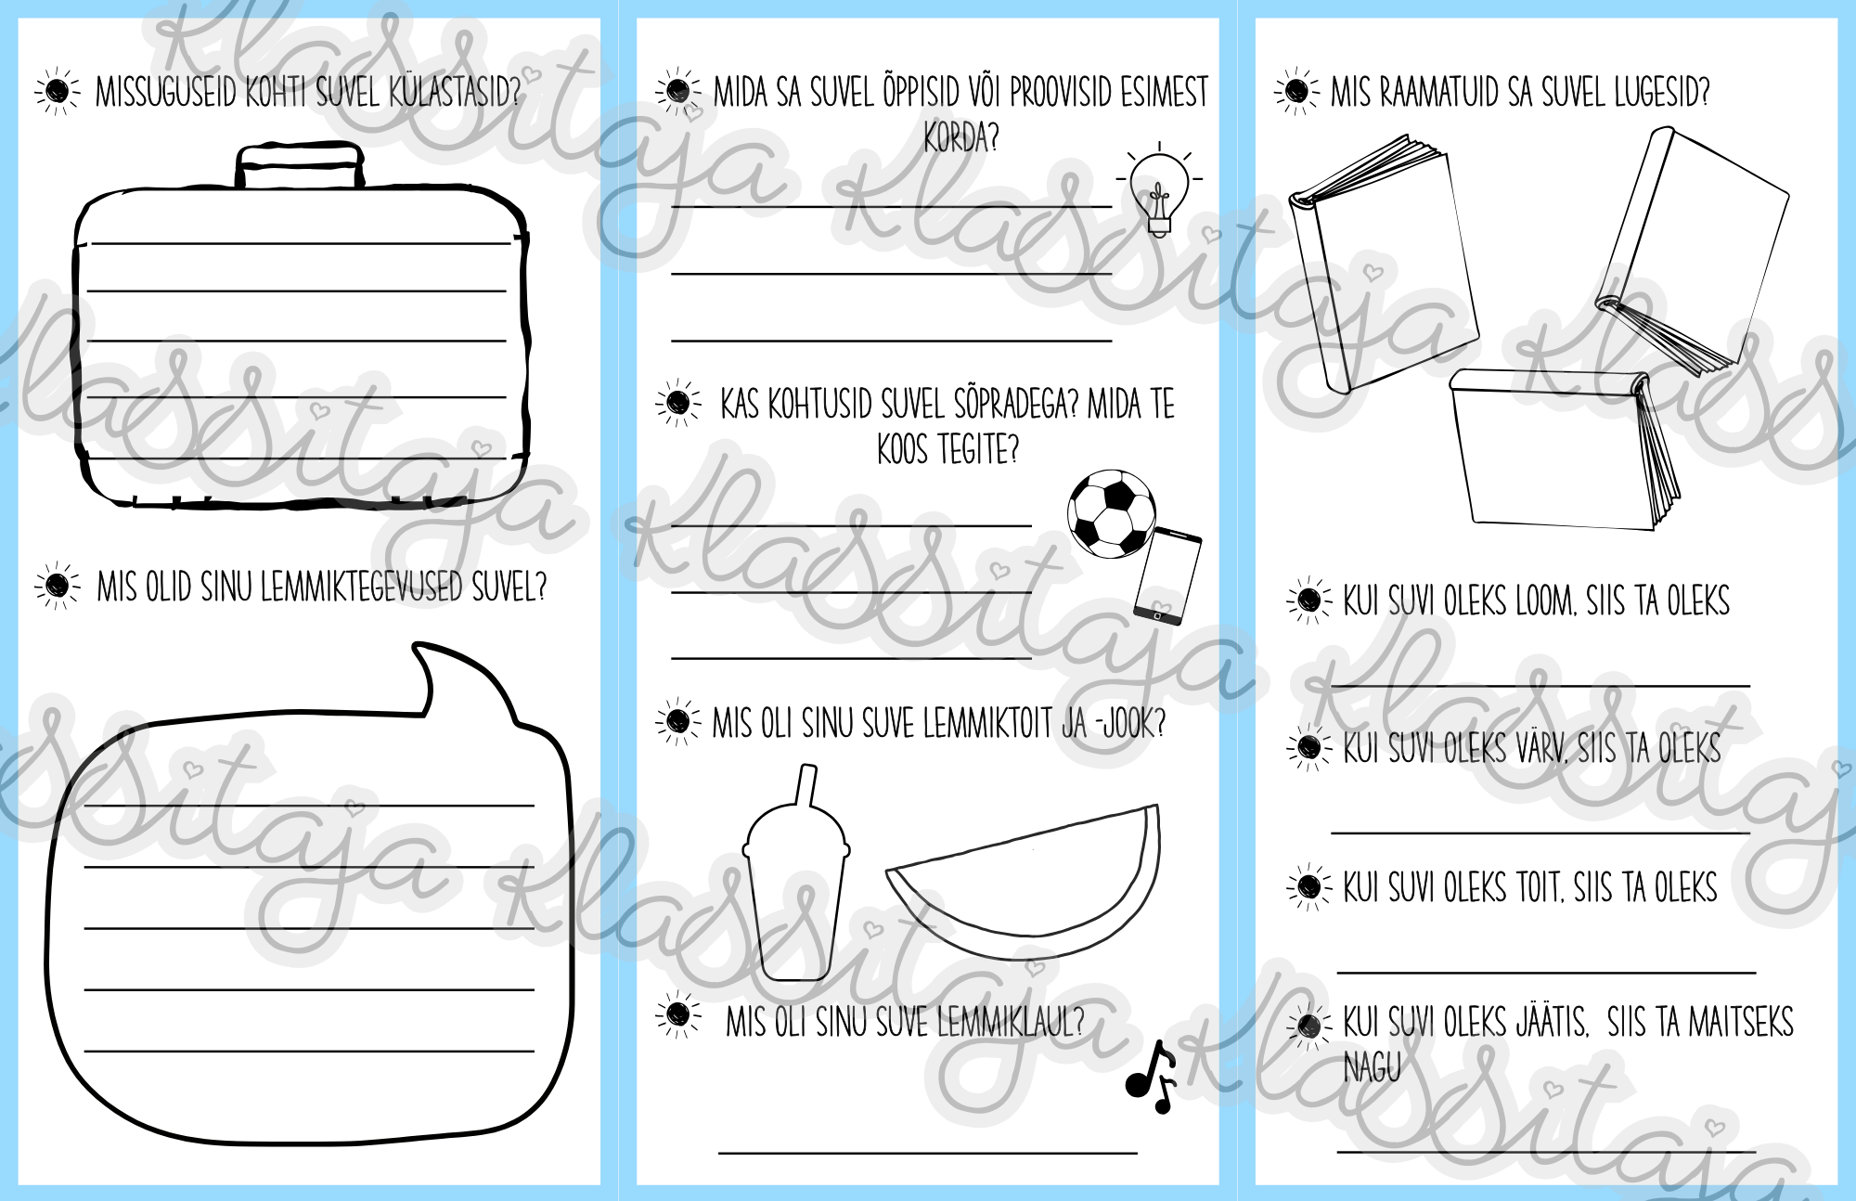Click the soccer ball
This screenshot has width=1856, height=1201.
1112,513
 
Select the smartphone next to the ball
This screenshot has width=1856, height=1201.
1167,575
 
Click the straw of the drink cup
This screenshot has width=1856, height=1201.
806,787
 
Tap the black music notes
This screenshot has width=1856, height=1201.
1151,1077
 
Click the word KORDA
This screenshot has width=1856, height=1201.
961,138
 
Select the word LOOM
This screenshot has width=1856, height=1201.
1545,600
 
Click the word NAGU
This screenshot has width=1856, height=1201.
1373,1067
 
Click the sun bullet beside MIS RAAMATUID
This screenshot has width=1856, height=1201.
1297,91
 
